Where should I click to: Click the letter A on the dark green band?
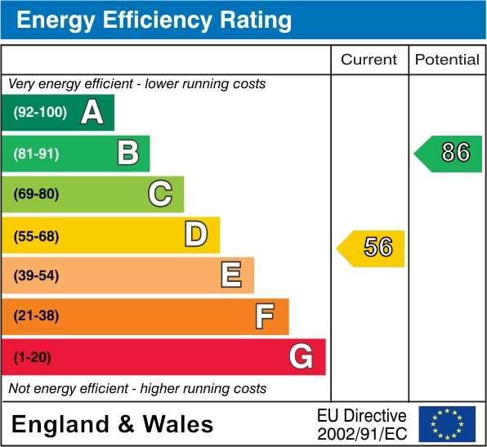[92, 113]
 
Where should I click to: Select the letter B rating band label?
[127, 153]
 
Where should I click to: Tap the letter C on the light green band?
[160, 194]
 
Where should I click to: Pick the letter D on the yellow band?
[196, 235]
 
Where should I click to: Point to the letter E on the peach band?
[231, 275]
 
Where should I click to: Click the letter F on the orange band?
[264, 315]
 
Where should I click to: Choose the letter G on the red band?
[301, 356]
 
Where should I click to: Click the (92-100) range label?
[40, 113]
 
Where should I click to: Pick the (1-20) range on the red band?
[32, 357]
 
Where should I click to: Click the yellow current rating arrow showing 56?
[372, 248]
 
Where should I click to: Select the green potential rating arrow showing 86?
[449, 153]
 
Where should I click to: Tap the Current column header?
[369, 60]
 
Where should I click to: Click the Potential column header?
[447, 60]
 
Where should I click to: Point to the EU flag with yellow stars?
[446, 423]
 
